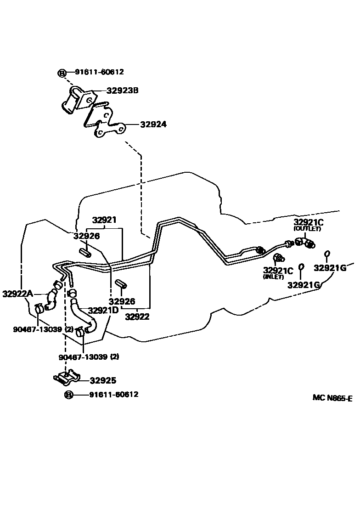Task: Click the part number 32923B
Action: [x=122, y=90]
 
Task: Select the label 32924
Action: [x=153, y=124]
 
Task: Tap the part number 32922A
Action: [x=17, y=294]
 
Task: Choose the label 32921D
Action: [x=103, y=310]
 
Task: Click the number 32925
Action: [x=103, y=380]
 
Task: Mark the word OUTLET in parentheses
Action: [x=308, y=229]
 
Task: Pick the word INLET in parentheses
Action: [x=273, y=277]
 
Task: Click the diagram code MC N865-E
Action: [x=332, y=398]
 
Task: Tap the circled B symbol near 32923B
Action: [x=62, y=73]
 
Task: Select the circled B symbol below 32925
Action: [x=68, y=395]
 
